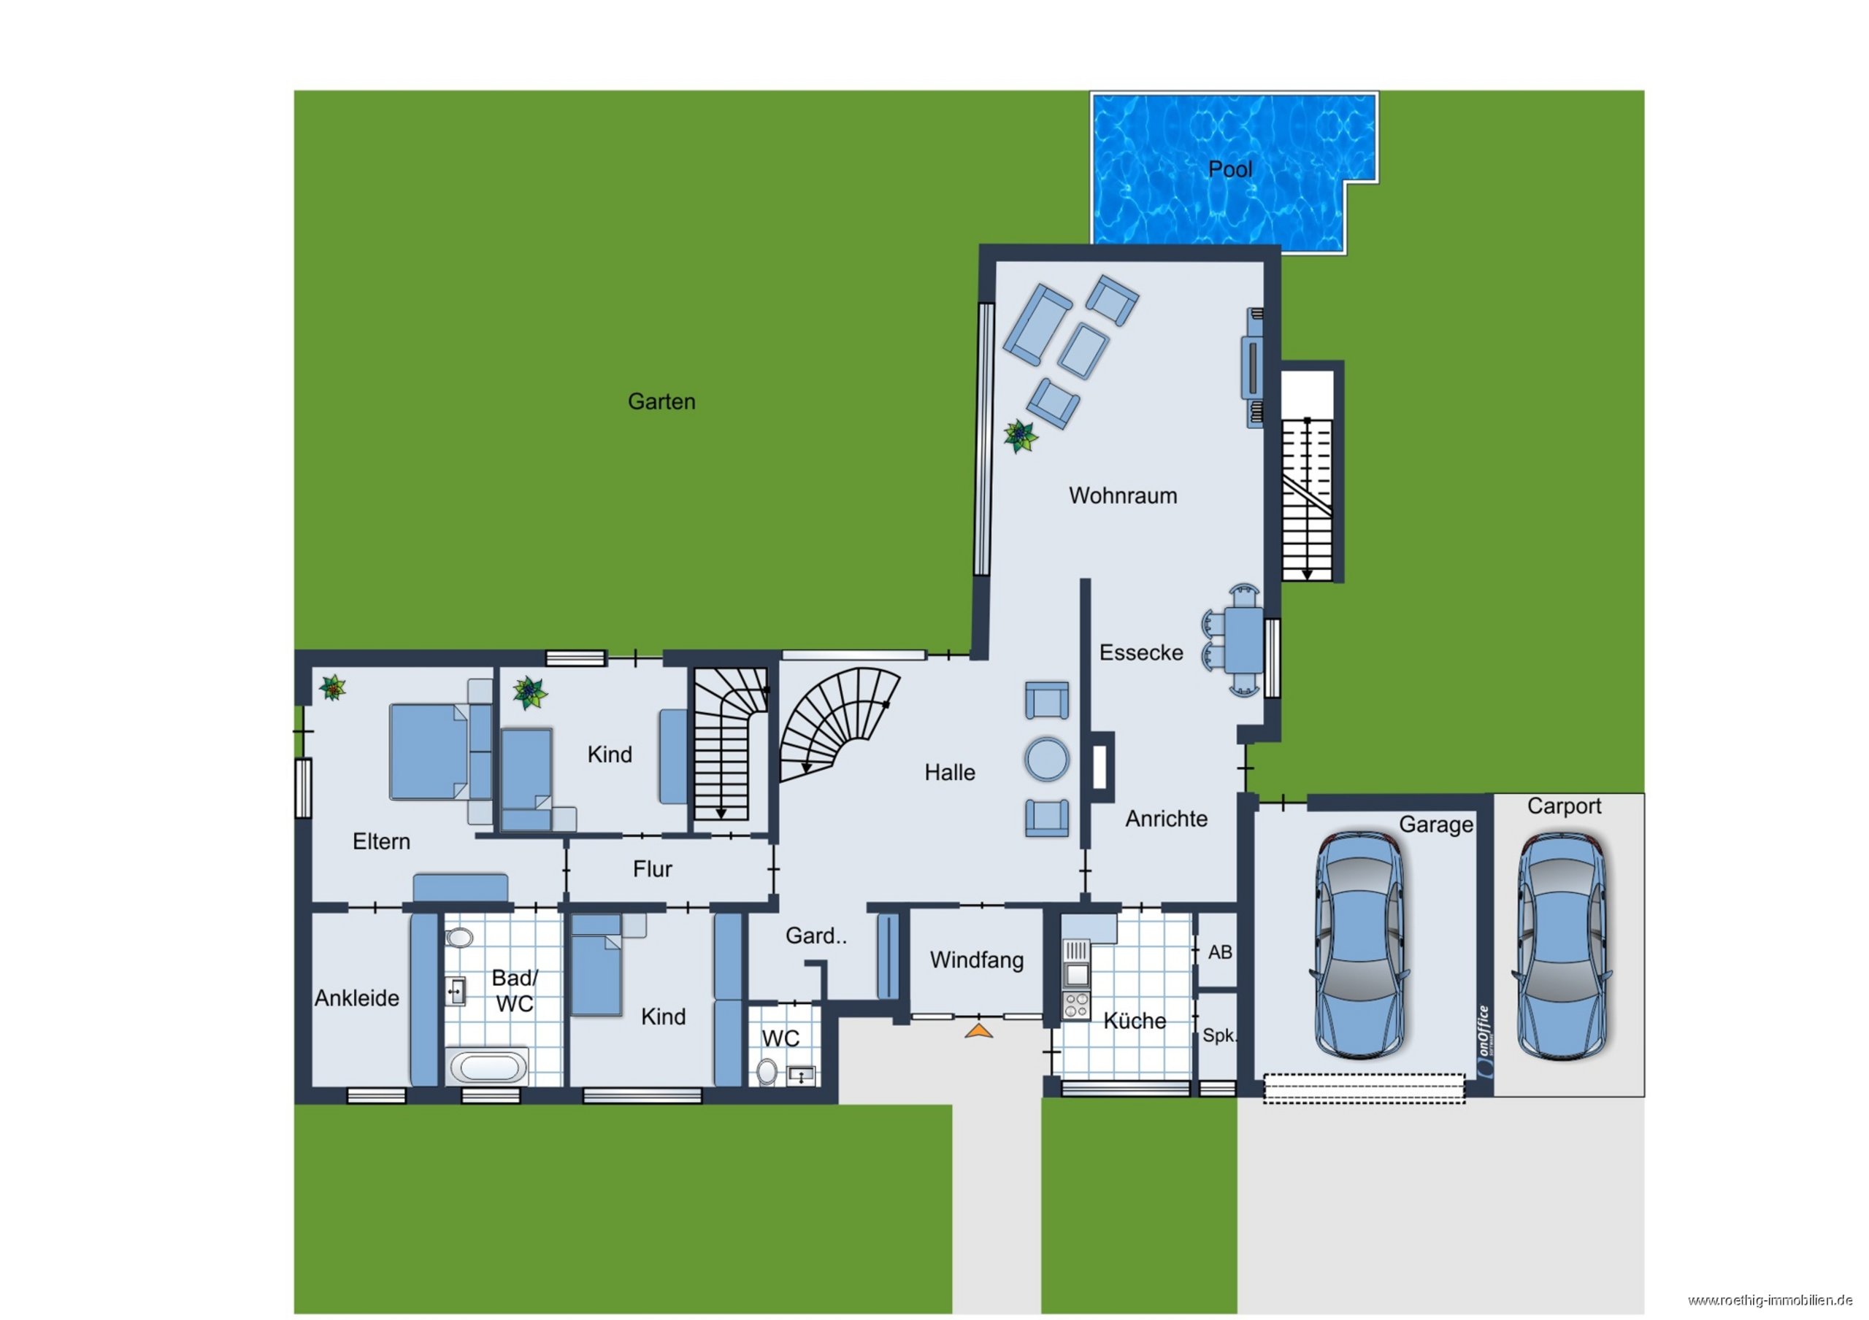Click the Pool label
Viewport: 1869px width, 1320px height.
1230,169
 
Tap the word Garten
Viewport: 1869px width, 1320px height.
661,401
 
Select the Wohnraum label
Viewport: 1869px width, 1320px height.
1123,495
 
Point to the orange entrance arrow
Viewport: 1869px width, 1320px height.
979,1030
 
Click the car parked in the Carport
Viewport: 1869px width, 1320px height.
1562,946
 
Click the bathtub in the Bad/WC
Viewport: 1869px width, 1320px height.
488,1067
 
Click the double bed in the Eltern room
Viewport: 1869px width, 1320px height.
430,751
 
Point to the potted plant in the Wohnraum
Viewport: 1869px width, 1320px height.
1020,436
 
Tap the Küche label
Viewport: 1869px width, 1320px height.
1134,1021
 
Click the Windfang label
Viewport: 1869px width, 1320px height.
977,960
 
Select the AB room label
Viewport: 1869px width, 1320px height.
1219,952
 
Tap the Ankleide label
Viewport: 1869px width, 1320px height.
356,998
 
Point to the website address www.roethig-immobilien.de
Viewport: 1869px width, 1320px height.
1778,1300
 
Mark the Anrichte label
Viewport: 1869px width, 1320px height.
1167,819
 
